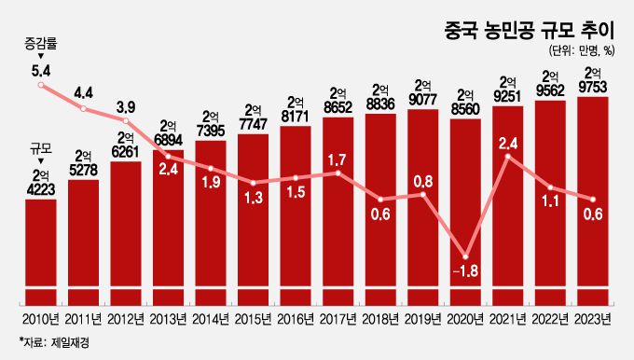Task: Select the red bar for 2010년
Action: (40, 252)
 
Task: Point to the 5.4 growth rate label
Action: (40, 69)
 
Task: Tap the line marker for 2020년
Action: (464, 255)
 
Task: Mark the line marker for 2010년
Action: (40, 86)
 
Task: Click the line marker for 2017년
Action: (338, 173)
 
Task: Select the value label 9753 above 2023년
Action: (593, 88)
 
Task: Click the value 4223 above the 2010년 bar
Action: (40, 188)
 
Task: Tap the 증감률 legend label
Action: (40, 44)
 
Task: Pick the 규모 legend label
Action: (40, 148)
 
